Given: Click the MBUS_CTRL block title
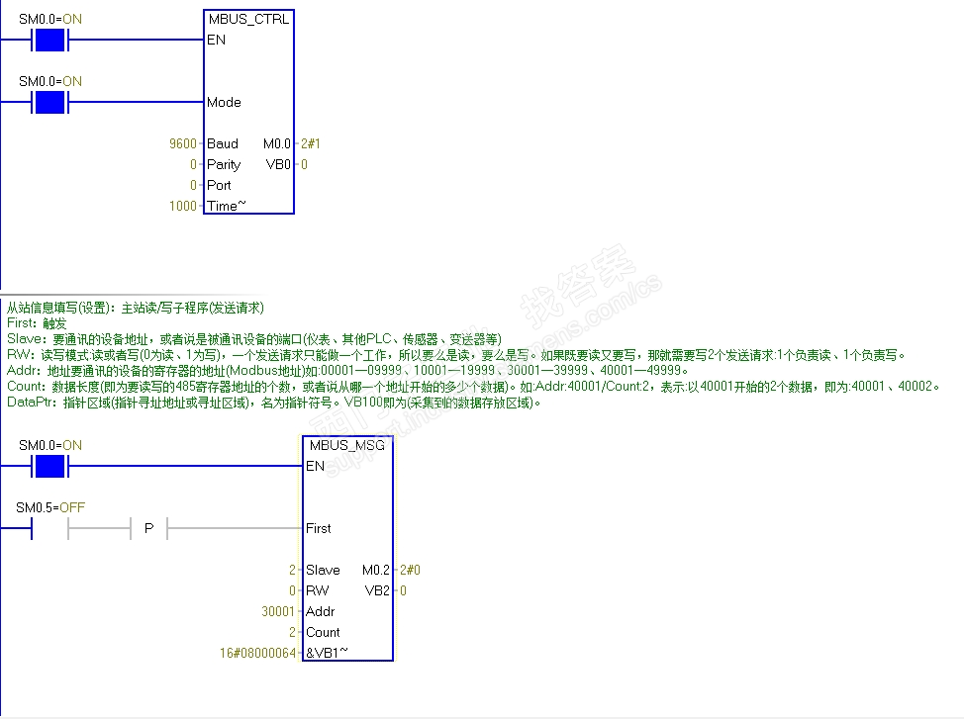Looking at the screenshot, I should pyautogui.click(x=248, y=19).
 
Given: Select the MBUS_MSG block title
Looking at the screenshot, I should pyautogui.click(x=347, y=445).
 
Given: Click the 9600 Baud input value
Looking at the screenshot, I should pyautogui.click(x=184, y=143).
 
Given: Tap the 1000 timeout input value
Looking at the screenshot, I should pyautogui.click(x=183, y=206).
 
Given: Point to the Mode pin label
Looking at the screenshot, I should pyautogui.click(x=224, y=102).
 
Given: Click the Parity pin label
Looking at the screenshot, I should pyautogui.click(x=224, y=164).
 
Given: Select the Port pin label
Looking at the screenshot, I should pyautogui.click(x=219, y=185).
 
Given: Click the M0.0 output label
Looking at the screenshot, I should pyautogui.click(x=277, y=143).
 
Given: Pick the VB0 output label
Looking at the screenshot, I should pyautogui.click(x=279, y=164).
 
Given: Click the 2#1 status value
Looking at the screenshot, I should pyautogui.click(x=311, y=143).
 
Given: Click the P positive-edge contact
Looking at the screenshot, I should pyautogui.click(x=148, y=529).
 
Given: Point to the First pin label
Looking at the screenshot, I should pyautogui.click(x=319, y=528).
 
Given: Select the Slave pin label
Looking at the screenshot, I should pyautogui.click(x=323, y=570).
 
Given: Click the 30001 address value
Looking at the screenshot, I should pyautogui.click(x=278, y=611).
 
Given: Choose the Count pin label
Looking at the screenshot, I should pyautogui.click(x=323, y=632).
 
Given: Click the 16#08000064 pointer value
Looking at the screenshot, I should pyautogui.click(x=257, y=653).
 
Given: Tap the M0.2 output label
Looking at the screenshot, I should pyautogui.click(x=376, y=570).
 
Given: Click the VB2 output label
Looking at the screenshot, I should pyautogui.click(x=378, y=590).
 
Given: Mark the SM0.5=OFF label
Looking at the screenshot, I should pyautogui.click(x=50, y=507).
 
